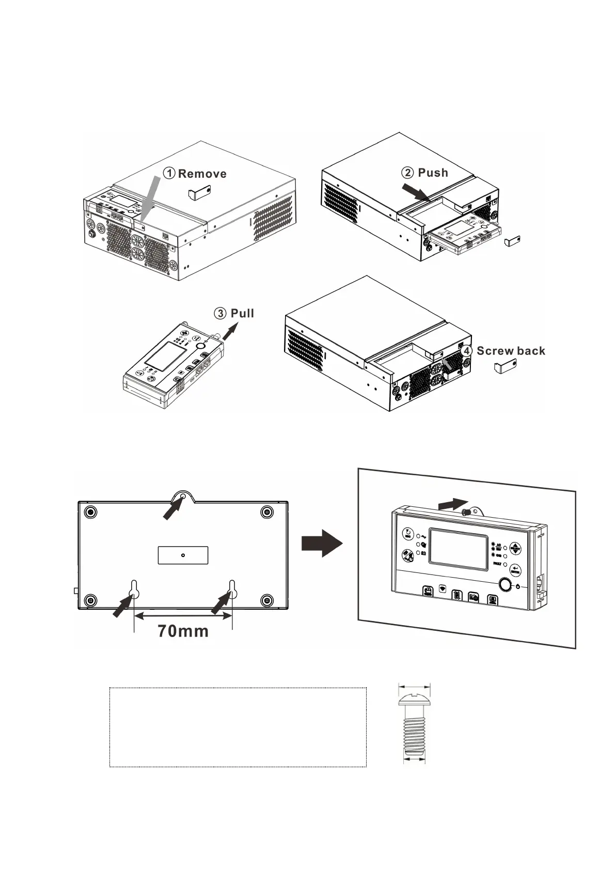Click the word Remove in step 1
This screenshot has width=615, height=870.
tap(202, 174)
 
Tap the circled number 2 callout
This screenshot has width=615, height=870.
tap(407, 173)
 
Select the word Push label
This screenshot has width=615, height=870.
tap(433, 173)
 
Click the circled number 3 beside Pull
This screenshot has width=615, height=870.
tap(220, 313)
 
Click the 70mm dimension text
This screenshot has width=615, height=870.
tap(183, 631)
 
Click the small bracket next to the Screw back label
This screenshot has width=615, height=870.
tap(504, 369)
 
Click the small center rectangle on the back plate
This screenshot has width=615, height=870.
tap(183, 555)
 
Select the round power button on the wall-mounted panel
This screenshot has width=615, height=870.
tap(504, 585)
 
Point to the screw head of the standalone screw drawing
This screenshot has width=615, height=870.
tap(414, 700)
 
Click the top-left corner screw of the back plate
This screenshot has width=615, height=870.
tap(90, 512)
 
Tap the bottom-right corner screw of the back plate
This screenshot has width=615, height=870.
tap(266, 600)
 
